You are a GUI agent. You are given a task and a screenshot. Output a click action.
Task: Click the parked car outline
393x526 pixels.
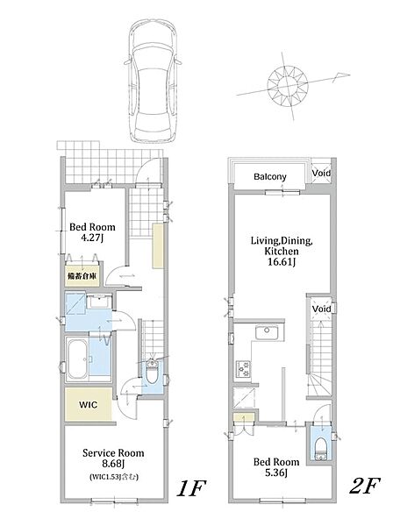(x=153, y=82)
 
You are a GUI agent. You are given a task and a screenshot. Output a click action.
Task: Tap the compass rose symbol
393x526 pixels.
(x=288, y=85)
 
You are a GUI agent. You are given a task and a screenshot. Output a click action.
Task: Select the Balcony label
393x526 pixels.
(x=270, y=177)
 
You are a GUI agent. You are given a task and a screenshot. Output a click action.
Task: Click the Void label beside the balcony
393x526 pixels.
(x=321, y=173)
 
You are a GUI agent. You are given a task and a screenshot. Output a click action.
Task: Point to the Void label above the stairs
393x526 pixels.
(x=322, y=309)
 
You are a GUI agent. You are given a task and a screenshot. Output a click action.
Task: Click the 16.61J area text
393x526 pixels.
(x=282, y=261)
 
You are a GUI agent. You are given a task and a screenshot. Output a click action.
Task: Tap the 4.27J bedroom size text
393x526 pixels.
(x=91, y=238)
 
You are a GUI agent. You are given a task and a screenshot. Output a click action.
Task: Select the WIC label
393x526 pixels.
(x=89, y=404)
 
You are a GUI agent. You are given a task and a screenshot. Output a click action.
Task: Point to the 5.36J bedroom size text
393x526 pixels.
(x=276, y=473)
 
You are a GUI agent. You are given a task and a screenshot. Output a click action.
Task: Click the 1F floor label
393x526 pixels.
(x=191, y=487)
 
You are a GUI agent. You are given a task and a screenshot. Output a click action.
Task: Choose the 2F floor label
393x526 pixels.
(x=364, y=486)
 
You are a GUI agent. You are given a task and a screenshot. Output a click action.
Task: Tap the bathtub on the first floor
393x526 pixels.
(x=77, y=359)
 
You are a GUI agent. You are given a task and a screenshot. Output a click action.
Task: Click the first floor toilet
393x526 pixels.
(x=152, y=372)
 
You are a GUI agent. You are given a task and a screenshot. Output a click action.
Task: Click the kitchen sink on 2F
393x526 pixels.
(x=267, y=332)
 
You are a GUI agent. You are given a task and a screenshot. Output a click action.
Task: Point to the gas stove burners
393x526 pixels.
(x=243, y=368)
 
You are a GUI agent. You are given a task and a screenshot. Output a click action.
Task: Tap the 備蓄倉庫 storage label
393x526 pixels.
(x=82, y=276)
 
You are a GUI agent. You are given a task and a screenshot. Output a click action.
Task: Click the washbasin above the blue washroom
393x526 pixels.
(x=98, y=302)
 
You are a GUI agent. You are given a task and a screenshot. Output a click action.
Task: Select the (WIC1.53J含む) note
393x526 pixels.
(x=114, y=477)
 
